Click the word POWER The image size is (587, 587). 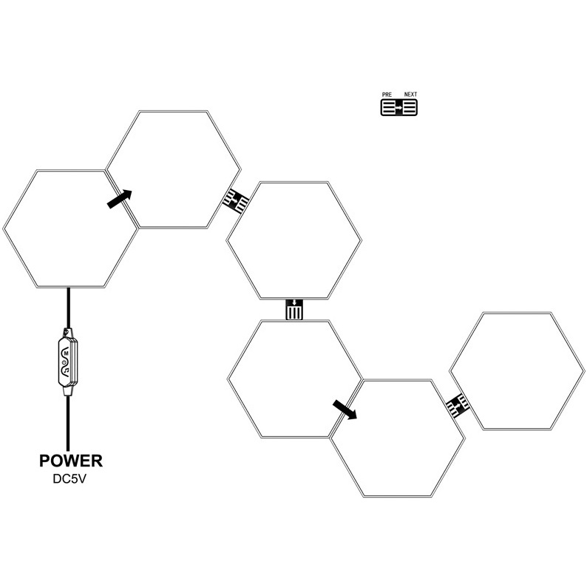tap(69, 462)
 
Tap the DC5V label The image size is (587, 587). tap(69, 478)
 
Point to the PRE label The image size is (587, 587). tap(386, 95)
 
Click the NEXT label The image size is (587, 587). tap(410, 95)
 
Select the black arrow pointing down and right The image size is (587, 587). tap(344, 409)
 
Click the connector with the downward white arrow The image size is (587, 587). tap(294, 309)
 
